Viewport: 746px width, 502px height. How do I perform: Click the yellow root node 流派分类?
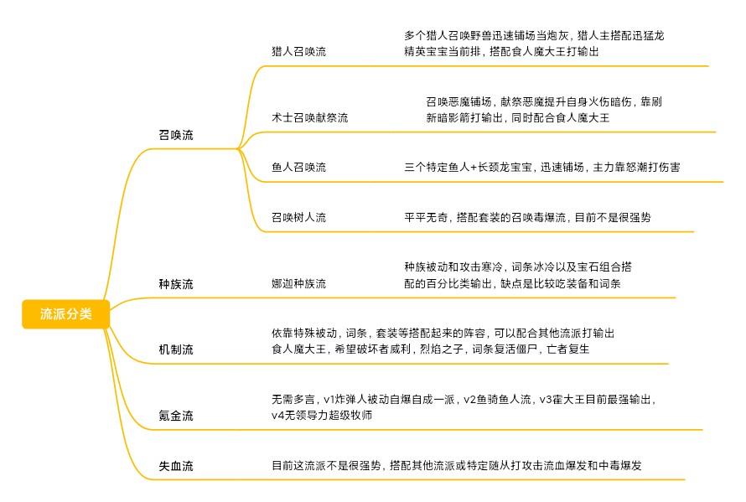(x=65, y=314)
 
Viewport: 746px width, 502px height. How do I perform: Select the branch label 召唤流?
(x=176, y=135)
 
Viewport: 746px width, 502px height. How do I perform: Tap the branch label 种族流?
(x=176, y=284)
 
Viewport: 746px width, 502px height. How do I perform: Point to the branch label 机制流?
(x=176, y=349)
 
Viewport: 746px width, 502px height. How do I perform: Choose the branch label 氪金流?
(x=176, y=416)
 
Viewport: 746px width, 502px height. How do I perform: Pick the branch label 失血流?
(x=176, y=466)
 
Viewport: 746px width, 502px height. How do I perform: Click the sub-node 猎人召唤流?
(x=298, y=51)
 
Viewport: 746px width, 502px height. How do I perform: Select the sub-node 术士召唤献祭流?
(x=310, y=117)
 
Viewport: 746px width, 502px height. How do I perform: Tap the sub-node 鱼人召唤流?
(x=298, y=167)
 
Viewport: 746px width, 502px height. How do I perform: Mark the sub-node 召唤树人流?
(x=298, y=217)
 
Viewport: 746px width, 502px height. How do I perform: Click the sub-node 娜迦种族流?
(x=298, y=283)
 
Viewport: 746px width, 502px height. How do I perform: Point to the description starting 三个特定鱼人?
(x=541, y=167)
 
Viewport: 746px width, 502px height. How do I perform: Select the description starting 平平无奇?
(x=527, y=217)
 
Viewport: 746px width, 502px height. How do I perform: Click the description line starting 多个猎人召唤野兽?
(x=534, y=35)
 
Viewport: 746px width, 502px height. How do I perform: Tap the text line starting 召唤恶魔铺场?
(x=544, y=101)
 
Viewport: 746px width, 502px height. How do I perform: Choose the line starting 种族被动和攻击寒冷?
(x=518, y=267)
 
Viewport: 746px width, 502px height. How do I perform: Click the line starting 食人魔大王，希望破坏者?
(x=431, y=349)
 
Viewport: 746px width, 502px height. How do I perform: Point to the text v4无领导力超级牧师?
(x=322, y=415)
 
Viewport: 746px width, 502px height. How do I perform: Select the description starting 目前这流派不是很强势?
(x=457, y=465)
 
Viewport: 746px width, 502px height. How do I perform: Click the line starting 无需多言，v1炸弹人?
(x=464, y=399)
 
